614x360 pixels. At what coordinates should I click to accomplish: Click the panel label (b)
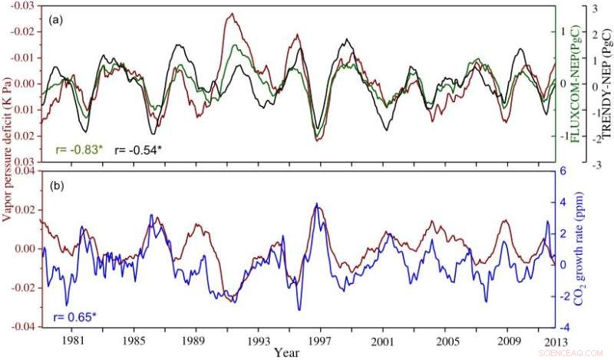pyautogui.click(x=56, y=186)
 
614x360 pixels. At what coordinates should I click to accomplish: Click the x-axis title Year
pyautogui.click(x=286, y=353)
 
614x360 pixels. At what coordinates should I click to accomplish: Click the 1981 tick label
pyautogui.click(x=73, y=341)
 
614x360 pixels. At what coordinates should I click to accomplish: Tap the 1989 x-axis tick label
pyautogui.click(x=196, y=341)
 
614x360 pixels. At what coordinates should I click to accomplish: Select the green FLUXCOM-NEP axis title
pyautogui.click(x=573, y=84)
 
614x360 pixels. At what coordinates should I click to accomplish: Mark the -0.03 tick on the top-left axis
pyautogui.click(x=24, y=6)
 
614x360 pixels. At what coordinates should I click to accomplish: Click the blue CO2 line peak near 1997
pyautogui.click(x=315, y=204)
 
